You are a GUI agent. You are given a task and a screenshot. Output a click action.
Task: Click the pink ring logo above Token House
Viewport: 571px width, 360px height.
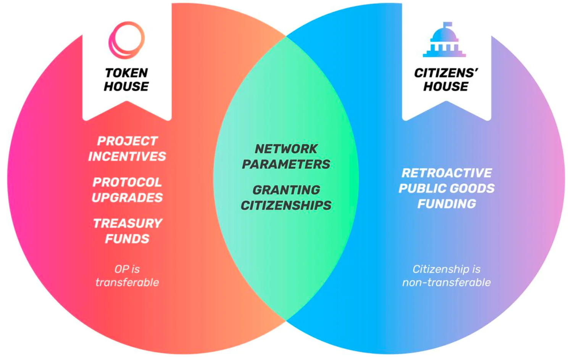[127, 40]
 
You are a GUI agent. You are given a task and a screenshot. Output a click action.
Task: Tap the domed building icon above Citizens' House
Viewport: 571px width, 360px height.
[444, 41]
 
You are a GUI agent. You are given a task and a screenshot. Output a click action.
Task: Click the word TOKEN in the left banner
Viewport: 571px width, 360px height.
[126, 73]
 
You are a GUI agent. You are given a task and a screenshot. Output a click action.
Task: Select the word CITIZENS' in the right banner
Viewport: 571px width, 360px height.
[446, 73]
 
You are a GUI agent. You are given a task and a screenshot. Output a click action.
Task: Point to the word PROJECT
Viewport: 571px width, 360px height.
[127, 141]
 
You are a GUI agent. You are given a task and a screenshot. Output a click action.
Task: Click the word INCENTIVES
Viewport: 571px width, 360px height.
[127, 156]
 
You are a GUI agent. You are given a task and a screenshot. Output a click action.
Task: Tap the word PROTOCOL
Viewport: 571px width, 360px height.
[127, 182]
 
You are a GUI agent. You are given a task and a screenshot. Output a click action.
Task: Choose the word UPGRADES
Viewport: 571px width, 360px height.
[127, 198]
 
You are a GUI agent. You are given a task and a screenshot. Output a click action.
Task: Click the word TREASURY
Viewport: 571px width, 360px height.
[128, 223]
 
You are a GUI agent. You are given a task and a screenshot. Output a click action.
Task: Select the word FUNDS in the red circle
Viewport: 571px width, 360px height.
[127, 239]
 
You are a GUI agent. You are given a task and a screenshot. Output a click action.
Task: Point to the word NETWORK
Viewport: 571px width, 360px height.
[286, 149]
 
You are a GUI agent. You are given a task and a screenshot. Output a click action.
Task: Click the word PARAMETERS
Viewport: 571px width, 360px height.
[286, 164]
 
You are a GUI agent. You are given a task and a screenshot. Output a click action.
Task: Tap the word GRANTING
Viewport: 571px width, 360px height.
[286, 190]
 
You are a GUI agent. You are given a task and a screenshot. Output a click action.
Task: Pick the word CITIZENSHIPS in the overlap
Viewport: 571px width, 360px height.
[286, 206]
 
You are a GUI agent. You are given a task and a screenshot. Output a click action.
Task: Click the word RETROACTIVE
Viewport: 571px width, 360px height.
[447, 173]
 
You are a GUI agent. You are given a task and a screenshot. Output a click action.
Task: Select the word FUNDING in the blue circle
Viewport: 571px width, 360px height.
[447, 204]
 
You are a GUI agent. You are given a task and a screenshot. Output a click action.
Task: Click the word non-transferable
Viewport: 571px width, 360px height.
[447, 283]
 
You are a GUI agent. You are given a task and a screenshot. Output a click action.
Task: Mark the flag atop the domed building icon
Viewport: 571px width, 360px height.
[447, 24]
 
